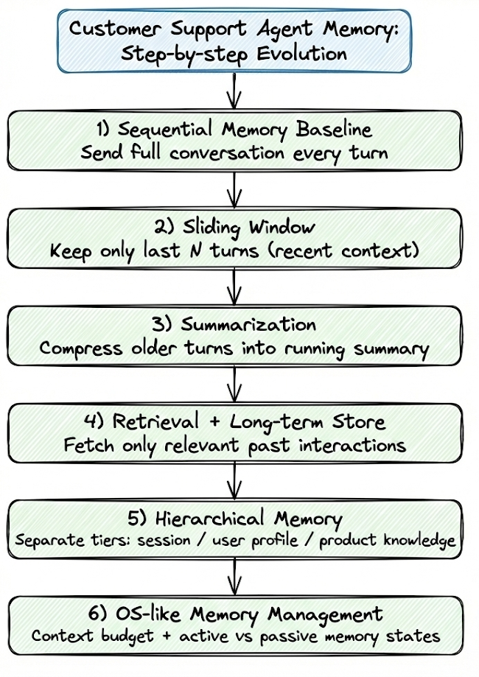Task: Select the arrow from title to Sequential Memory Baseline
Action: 235,92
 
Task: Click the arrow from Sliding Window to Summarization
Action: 235,287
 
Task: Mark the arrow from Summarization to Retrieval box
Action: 235,385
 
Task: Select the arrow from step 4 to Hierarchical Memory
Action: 235,481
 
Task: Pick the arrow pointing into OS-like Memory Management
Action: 235,578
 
